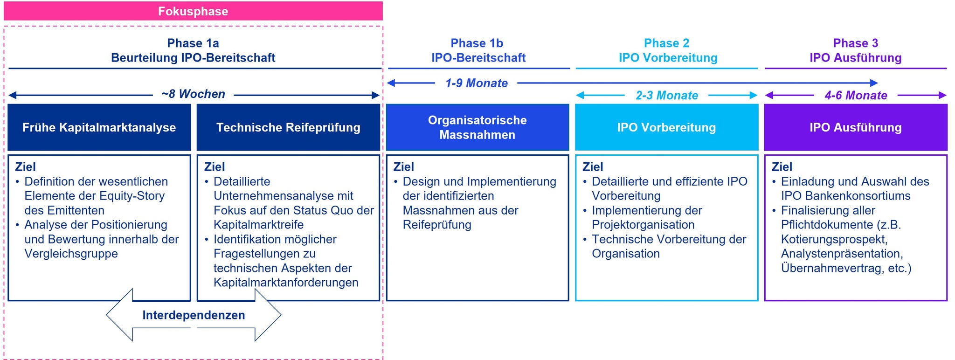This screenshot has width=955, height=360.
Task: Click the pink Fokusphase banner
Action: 193,11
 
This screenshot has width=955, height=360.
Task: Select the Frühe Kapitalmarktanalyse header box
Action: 99,127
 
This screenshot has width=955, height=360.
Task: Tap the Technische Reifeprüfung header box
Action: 288,127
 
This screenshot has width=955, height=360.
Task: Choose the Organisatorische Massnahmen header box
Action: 477,127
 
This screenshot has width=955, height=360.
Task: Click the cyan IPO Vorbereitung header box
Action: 666,127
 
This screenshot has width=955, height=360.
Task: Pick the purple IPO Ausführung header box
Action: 856,127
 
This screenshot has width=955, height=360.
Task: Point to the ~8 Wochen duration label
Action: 193,94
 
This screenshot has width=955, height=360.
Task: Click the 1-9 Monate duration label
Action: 476,83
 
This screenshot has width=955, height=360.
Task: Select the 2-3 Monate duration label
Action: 667,96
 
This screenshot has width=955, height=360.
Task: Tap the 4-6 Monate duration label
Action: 856,96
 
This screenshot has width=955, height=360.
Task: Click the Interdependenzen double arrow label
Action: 194,315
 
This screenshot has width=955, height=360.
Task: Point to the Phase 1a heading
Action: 193,43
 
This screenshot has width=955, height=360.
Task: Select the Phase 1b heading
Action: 477,43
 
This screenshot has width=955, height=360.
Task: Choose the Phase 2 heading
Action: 666,43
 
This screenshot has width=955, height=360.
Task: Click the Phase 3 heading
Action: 856,43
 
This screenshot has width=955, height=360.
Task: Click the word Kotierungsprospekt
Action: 834,239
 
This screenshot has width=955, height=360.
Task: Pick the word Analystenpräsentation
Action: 842,254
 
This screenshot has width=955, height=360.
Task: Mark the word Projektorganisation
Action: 643,225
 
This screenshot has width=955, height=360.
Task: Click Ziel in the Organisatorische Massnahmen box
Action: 403,167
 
